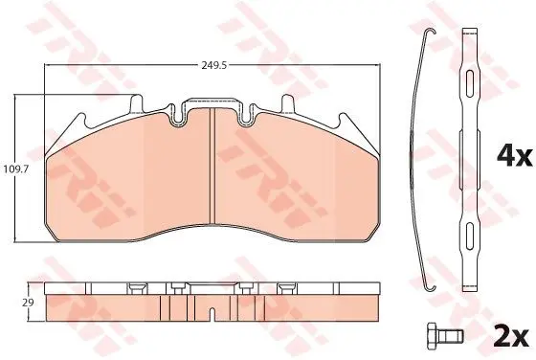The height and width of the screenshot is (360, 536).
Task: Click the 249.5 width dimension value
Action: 214,65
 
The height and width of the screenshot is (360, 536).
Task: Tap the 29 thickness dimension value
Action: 29,303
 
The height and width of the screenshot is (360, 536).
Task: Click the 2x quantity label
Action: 512,337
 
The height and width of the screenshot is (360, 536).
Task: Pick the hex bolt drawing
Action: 445,336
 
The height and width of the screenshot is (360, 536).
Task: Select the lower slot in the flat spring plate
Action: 470,236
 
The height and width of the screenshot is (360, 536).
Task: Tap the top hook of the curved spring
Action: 431,32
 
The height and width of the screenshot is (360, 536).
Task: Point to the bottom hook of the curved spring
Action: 431,286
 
